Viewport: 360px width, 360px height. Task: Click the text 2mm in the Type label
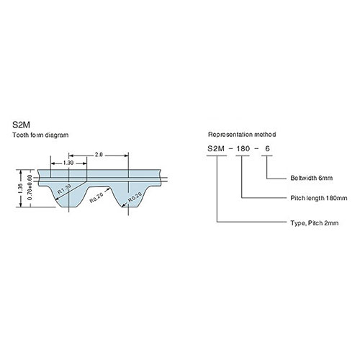click(330, 224)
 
